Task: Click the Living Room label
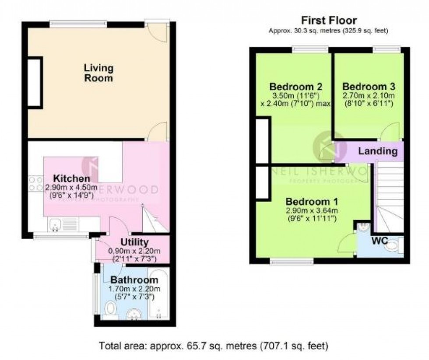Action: coord(99,73)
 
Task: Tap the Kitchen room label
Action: coord(72,178)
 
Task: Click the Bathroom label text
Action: coord(134,280)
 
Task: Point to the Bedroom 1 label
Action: coord(311,202)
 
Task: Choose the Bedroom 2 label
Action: coord(290,86)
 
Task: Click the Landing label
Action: coord(378,151)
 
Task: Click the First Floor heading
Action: coord(329,20)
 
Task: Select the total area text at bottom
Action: coord(214,346)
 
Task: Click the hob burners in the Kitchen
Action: coord(35,183)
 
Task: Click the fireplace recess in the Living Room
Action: coord(35,82)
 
